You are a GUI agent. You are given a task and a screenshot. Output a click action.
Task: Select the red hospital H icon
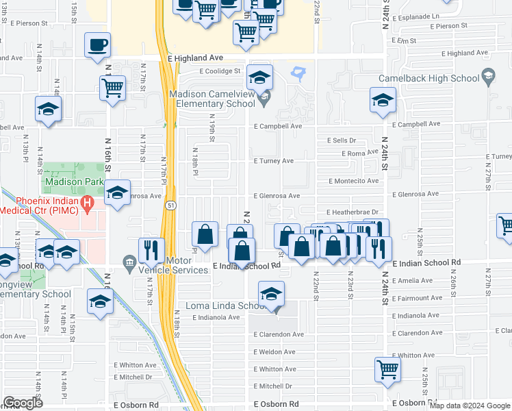[x=87, y=203]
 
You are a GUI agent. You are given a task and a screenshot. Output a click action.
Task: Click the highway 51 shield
[x=168, y=205]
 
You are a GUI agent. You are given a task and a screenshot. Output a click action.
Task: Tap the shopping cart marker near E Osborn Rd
[x=387, y=369]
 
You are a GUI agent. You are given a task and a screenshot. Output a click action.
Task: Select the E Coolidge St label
[x=220, y=71]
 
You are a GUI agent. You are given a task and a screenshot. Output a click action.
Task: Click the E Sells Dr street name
[x=342, y=140]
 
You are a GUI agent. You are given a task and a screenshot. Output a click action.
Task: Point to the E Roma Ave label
[x=363, y=153]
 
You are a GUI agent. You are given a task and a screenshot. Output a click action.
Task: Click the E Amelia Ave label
[x=413, y=280]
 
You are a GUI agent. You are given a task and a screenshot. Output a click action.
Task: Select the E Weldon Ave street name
[x=274, y=351]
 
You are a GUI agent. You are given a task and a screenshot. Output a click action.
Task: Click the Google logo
[x=23, y=403]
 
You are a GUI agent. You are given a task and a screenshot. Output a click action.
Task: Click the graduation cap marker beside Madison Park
[x=118, y=194]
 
